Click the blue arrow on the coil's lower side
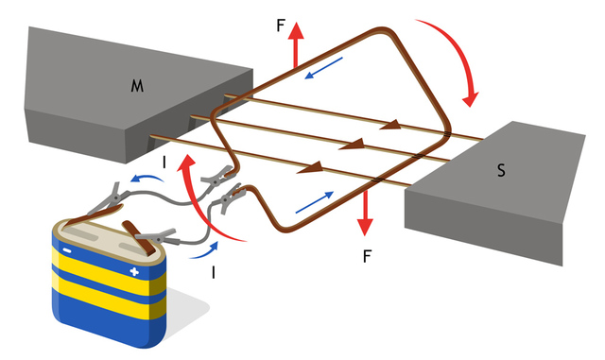[314, 200]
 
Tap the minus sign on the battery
[66, 251]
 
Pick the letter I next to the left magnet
[165, 163]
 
